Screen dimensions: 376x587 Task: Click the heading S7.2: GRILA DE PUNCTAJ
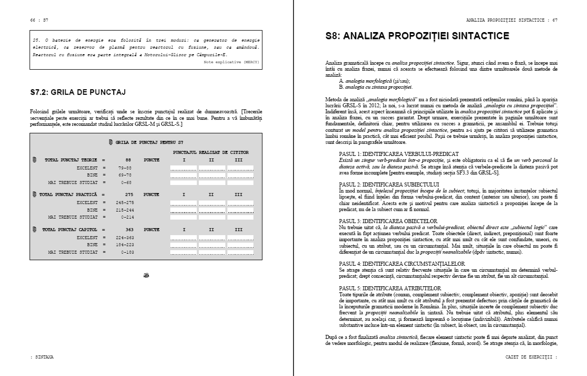[78, 92]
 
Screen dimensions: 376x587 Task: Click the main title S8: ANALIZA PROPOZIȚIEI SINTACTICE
[417, 36]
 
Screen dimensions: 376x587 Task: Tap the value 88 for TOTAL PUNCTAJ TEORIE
[128, 160]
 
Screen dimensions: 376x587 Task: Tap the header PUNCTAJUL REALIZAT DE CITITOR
[211, 152]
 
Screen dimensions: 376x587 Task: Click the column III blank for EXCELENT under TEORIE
[238, 167]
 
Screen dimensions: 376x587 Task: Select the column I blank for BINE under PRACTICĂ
[184, 210]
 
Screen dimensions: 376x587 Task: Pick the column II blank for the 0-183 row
[211, 252]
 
